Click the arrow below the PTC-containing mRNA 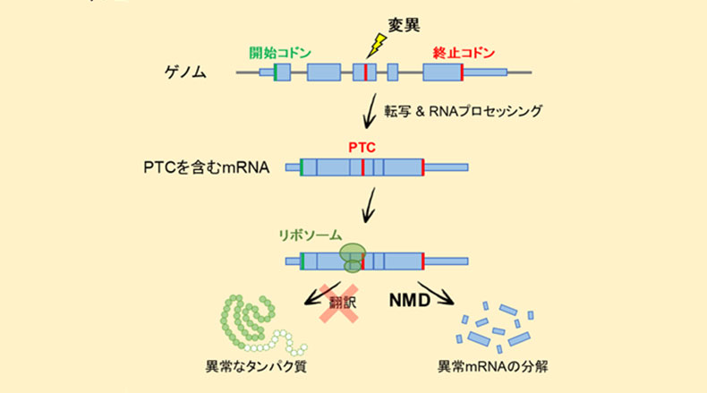367,211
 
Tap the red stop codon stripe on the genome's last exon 462,73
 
